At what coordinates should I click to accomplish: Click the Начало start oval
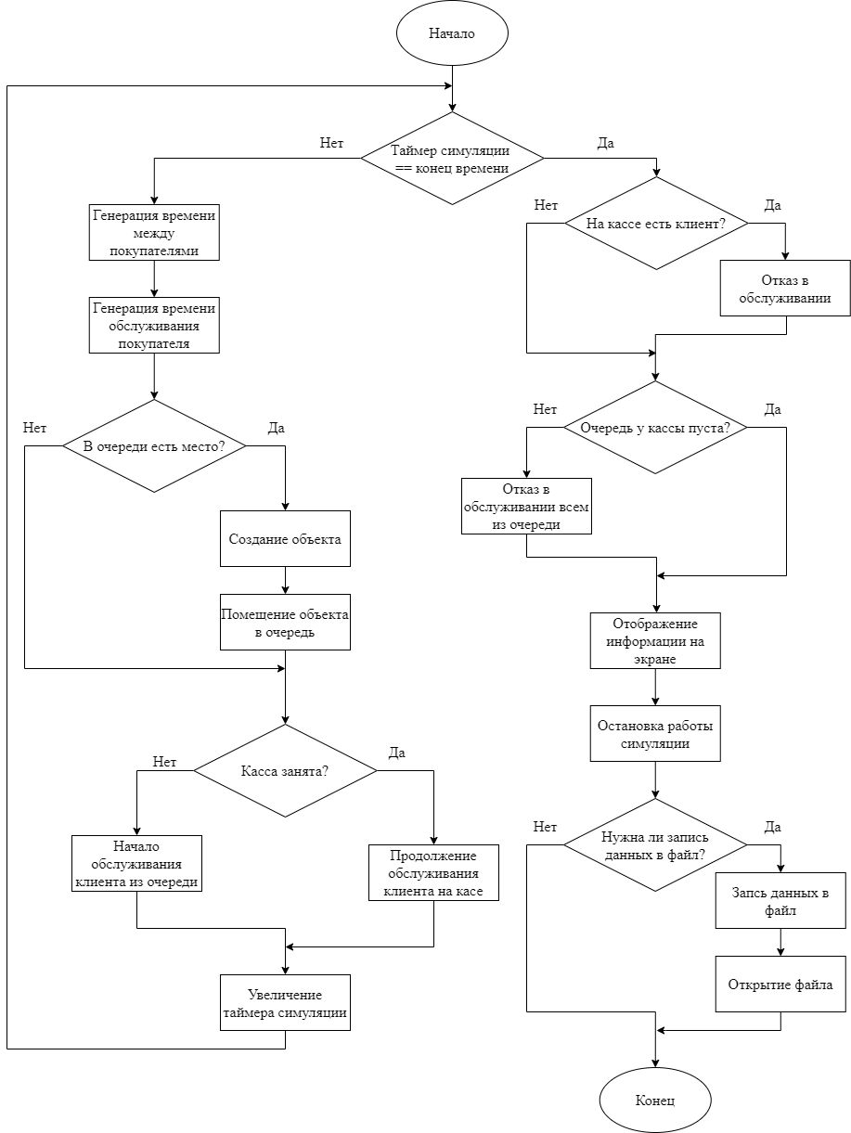[452, 33]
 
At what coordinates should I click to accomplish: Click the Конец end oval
[655, 1101]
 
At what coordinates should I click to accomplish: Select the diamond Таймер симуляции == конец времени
[452, 159]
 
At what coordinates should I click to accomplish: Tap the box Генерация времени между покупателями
[154, 232]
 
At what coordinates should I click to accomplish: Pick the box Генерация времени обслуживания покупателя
[154, 325]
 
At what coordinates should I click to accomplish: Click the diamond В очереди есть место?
[154, 446]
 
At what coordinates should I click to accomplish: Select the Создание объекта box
[285, 539]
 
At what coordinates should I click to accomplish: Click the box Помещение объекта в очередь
[285, 622]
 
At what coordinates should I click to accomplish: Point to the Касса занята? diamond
[285, 771]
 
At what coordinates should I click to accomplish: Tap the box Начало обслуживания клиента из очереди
[136, 863]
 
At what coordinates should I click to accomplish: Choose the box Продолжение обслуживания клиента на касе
[433, 872]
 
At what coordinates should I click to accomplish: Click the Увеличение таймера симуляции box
[285, 1002]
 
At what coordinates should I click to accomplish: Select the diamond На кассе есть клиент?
[656, 224]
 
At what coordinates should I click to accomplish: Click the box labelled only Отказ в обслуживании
[786, 288]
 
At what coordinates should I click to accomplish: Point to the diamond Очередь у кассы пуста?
[656, 428]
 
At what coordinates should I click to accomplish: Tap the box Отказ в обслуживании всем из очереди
[526, 506]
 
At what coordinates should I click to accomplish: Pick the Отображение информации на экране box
[655, 640]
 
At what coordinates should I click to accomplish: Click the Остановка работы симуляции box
[655, 733]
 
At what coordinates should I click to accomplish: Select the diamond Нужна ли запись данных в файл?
[655, 845]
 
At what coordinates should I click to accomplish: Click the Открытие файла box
[780, 984]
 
